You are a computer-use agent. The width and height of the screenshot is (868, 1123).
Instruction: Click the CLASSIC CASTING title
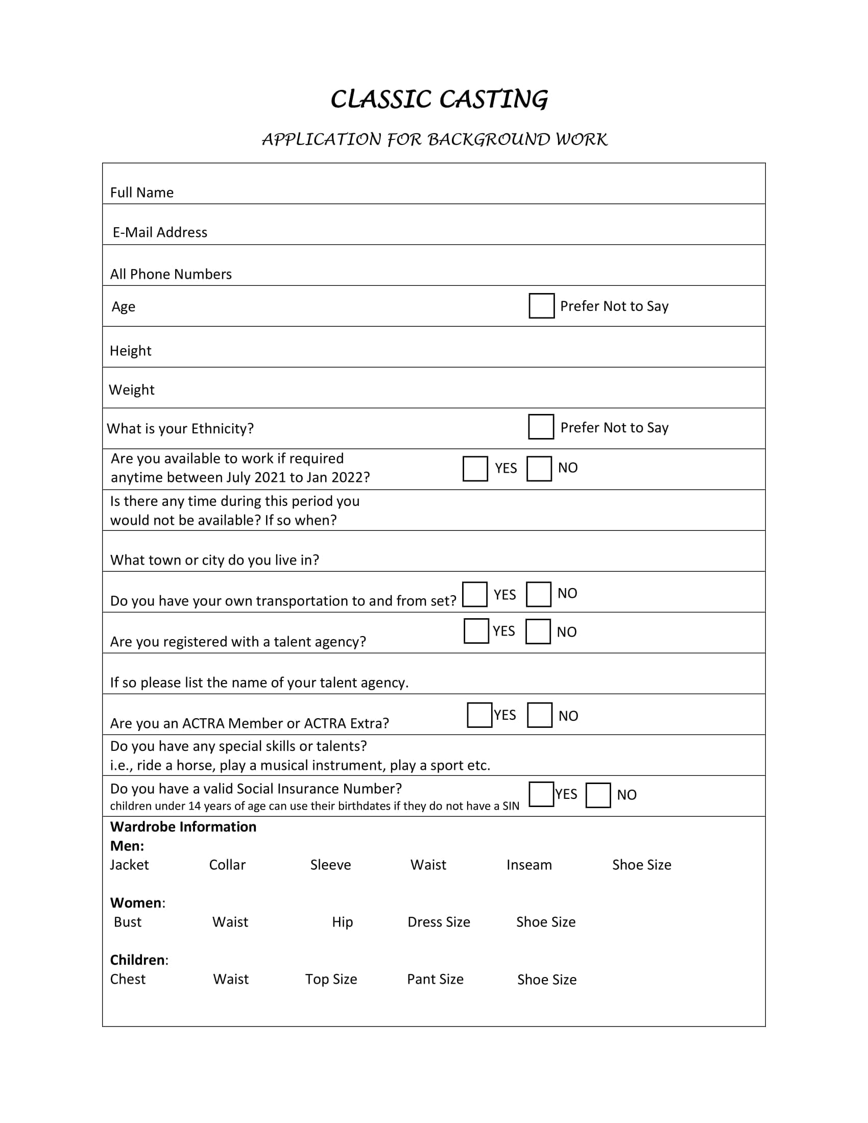click(439, 99)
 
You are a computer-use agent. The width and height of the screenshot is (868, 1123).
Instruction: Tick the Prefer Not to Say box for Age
click(541, 306)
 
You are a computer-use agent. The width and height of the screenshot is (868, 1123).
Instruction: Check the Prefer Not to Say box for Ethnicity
click(540, 427)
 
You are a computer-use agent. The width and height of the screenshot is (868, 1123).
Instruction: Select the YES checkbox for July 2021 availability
click(475, 469)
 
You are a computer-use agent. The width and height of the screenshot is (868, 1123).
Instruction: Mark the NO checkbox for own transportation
click(538, 594)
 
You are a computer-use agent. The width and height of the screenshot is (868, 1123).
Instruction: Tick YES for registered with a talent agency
click(476, 631)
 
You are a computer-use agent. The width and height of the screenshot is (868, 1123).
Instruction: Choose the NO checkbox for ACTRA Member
click(539, 715)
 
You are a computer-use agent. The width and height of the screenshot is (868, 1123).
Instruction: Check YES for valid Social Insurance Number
click(541, 794)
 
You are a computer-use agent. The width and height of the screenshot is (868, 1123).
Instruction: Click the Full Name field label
click(142, 192)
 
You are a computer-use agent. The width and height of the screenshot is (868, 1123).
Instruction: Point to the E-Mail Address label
click(160, 232)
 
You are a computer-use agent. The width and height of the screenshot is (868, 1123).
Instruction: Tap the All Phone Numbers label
click(171, 274)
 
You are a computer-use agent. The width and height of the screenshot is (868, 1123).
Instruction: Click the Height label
click(131, 351)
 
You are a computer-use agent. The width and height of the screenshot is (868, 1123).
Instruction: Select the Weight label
click(132, 390)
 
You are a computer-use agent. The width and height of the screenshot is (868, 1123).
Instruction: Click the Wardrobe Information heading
click(183, 827)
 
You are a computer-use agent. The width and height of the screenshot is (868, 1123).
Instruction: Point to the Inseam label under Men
click(529, 865)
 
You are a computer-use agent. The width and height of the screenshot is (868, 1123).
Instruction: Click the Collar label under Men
click(227, 865)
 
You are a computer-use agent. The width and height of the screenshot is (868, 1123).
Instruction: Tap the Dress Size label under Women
click(439, 922)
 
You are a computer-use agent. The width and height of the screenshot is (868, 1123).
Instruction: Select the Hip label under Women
click(343, 922)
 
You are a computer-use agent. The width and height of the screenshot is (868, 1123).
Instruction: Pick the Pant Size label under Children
click(435, 979)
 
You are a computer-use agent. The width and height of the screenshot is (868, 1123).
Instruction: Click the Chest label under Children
click(128, 979)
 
